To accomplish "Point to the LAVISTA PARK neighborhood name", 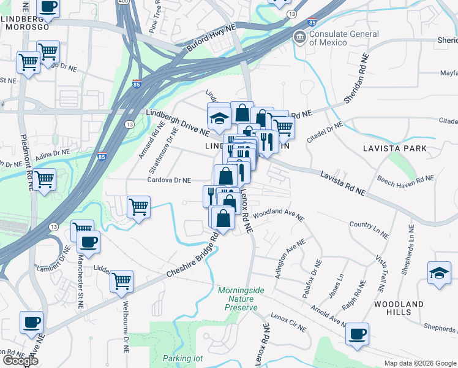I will pos(390,149).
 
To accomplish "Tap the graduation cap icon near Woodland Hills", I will pos(439,273).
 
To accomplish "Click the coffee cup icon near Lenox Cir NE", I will pos(357,334).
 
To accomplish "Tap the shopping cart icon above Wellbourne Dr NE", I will pos(122,281).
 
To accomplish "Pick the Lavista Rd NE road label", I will pos(342,183).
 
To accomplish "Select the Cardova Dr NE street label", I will pos(169,180).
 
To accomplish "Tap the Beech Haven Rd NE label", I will pos(405,180).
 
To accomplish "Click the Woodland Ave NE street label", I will pos(279,215).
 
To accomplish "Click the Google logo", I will pos(20,361).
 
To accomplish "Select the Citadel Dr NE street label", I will pos(325,131).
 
